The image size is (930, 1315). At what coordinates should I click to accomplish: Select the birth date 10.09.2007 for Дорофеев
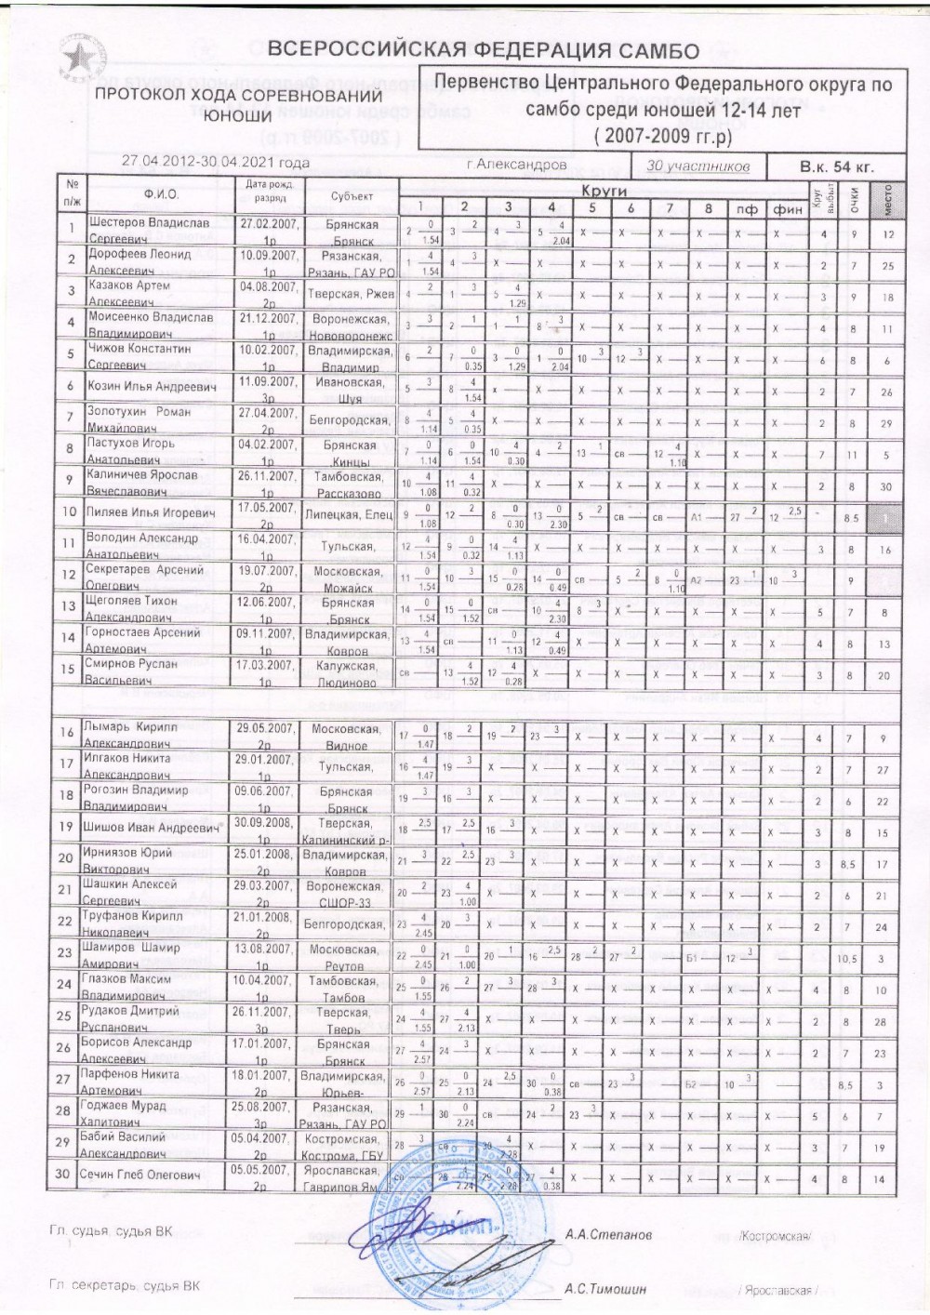tap(267, 254)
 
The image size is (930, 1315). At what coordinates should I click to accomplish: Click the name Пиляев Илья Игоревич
tap(151, 512)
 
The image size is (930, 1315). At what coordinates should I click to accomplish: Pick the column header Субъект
tap(352, 196)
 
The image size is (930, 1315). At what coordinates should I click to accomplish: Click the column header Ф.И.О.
tap(161, 194)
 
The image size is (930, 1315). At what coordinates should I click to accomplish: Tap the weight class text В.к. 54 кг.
tap(837, 167)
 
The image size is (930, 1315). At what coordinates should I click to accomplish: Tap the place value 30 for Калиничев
tap(887, 485)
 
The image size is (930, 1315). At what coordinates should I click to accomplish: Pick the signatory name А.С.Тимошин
tap(605, 1289)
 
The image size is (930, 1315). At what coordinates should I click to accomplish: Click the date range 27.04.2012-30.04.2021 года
tap(216, 162)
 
